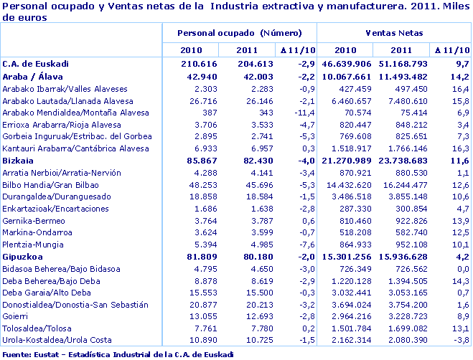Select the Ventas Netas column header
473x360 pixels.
(x=393, y=34)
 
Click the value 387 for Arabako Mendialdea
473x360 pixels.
(x=190, y=113)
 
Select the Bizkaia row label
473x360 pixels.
(x=19, y=161)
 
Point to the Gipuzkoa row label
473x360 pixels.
(x=24, y=256)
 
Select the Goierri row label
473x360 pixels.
(x=17, y=316)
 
